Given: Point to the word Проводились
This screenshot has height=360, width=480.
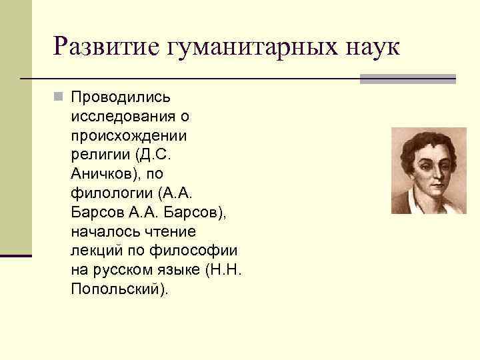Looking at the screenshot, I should point(120,97).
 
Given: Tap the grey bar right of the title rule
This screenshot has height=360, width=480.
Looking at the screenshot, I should point(407,79).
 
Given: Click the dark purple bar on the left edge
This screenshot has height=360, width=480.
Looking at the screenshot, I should point(15,255).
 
